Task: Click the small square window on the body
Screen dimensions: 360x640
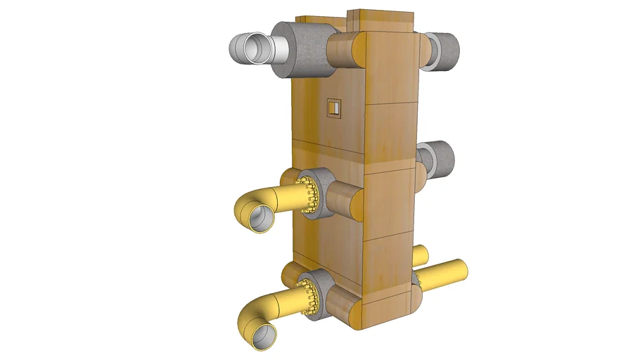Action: [x=333, y=107]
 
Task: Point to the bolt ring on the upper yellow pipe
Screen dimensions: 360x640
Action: [x=306, y=195]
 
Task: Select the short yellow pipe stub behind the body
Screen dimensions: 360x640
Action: [x=420, y=255]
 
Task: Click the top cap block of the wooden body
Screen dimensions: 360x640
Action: [x=383, y=18]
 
